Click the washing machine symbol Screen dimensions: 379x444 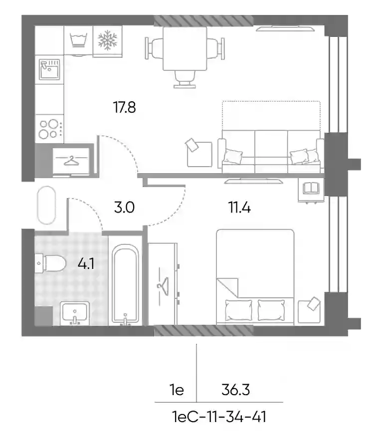(x=78, y=40)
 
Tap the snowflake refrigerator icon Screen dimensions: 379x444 (x=107, y=40)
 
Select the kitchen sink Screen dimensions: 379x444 (x=49, y=69)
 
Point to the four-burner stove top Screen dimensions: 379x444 (x=49, y=129)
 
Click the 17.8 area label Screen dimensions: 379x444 (x=125, y=107)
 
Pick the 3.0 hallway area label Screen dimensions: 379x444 (x=124, y=207)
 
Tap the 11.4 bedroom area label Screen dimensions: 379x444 (x=239, y=207)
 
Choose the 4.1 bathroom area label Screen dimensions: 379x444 (x=86, y=264)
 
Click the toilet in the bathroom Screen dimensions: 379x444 (x=50, y=263)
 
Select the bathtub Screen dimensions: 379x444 (x=125, y=284)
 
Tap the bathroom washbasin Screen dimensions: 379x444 (x=75, y=313)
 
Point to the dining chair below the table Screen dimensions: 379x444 (x=185, y=79)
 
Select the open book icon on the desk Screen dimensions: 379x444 (x=311, y=188)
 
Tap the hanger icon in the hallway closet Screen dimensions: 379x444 (x=71, y=160)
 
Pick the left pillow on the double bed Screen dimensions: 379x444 (x=238, y=310)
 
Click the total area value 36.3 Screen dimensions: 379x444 (x=235, y=390)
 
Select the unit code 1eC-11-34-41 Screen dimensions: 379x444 (x=219, y=417)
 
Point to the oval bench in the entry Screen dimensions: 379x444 (x=46, y=205)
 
